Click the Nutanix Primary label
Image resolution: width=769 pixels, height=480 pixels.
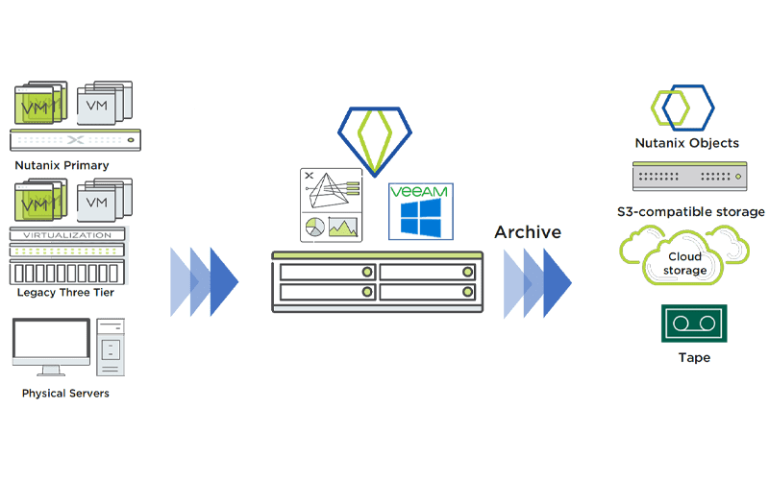tap(62, 165)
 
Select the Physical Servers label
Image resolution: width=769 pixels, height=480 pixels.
tap(65, 394)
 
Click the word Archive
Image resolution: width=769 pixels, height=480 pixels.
tap(528, 232)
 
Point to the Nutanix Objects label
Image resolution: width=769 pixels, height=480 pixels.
tap(686, 143)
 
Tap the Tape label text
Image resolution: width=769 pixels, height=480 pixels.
tap(693, 358)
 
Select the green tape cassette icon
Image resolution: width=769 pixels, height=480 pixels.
tap(693, 324)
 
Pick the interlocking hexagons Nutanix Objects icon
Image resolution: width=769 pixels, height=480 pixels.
tap(683, 109)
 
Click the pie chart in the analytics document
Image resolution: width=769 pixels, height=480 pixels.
tap(313, 228)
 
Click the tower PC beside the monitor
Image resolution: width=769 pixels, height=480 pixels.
tap(110, 346)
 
